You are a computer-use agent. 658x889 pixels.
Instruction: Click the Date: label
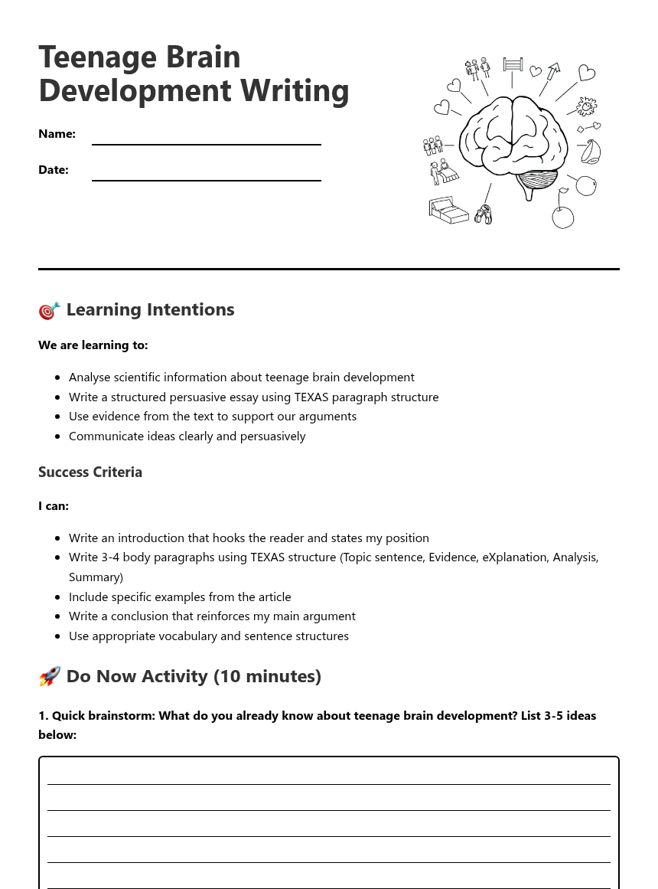point(54,170)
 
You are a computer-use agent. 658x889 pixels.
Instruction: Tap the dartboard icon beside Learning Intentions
point(49,310)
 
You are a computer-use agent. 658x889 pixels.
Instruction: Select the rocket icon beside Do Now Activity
point(49,677)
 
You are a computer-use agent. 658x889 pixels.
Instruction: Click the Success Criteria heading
point(90,472)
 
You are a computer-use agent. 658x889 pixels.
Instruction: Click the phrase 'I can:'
point(54,506)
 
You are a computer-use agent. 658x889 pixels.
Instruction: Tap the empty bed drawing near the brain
point(448,210)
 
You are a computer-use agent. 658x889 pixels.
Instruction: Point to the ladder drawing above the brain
point(513,64)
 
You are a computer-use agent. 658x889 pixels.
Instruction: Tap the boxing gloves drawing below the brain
point(483,215)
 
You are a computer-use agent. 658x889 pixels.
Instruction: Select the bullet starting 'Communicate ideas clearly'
point(187,436)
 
